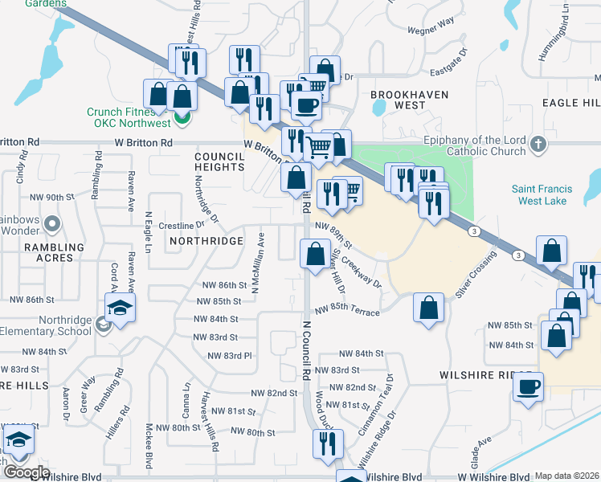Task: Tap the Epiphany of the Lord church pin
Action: [539, 145]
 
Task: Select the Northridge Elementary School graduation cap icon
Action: [120, 309]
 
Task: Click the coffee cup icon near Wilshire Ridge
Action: [528, 387]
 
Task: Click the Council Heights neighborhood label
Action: [219, 161]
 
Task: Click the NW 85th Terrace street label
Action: [346, 310]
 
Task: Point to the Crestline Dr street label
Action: [181, 225]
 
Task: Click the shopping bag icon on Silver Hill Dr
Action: [313, 255]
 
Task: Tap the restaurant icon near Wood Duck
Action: [327, 443]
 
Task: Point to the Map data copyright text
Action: [567, 476]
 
